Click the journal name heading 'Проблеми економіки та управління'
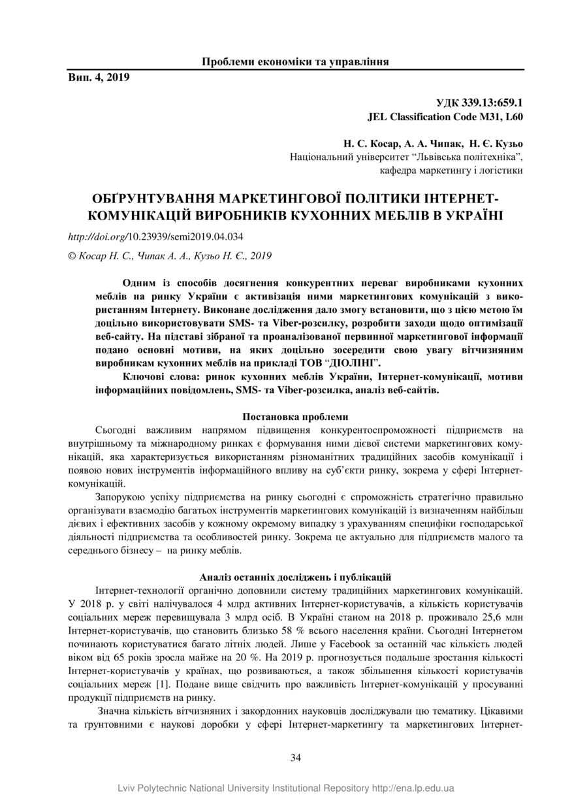295,62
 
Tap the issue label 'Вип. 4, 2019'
99,78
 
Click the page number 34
295,757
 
